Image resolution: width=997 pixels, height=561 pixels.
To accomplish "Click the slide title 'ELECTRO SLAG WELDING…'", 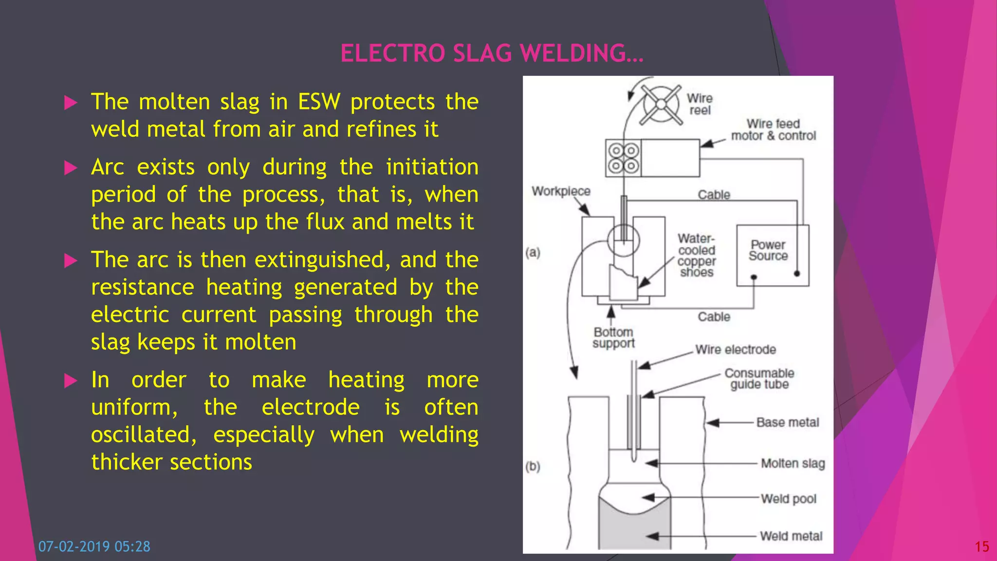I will click(x=492, y=54).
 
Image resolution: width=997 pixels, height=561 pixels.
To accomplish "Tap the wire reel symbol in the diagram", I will click(x=661, y=105).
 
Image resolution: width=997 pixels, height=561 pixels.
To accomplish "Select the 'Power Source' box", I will click(x=772, y=255).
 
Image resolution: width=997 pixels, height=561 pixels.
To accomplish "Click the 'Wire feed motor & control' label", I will click(x=773, y=130).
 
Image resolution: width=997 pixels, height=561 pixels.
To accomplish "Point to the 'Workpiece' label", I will click(x=561, y=191).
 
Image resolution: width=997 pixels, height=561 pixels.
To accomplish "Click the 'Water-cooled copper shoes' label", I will click(x=697, y=255).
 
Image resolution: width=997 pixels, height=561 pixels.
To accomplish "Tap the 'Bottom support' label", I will click(x=613, y=338).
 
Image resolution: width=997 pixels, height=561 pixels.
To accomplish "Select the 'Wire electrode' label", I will click(x=735, y=350).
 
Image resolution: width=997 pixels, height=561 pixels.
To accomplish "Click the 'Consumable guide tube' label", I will click(x=759, y=379).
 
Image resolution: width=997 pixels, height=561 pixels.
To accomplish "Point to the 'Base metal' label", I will click(x=787, y=422).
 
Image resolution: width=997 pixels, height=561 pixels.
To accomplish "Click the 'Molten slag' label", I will click(x=793, y=463).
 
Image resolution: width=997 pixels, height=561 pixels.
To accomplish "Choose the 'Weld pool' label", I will click(x=788, y=499).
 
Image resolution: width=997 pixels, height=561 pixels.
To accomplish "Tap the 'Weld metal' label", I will click(x=791, y=536).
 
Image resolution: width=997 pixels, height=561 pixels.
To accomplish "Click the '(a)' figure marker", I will click(x=533, y=252).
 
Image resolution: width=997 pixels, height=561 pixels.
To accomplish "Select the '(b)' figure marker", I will click(x=533, y=467).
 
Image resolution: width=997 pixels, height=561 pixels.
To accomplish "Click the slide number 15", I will click(x=981, y=547).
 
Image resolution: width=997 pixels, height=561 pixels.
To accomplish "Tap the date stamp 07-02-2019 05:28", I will click(x=94, y=546).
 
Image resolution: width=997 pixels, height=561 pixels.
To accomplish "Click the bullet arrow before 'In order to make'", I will click(x=71, y=380).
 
